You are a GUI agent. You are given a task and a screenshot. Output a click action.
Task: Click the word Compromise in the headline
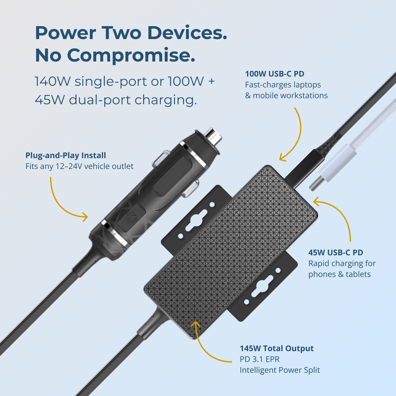click(x=131, y=55)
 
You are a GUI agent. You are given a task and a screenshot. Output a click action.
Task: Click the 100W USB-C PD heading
click(x=275, y=74)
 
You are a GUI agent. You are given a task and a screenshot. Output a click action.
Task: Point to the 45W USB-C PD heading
click(x=336, y=252)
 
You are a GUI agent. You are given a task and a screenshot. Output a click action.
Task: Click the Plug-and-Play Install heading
click(x=66, y=155)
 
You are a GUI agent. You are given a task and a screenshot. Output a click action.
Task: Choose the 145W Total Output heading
click(x=277, y=348)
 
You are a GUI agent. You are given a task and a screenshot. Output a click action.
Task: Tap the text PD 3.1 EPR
click(x=260, y=359)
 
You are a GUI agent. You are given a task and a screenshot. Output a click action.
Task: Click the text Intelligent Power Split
click(x=280, y=370)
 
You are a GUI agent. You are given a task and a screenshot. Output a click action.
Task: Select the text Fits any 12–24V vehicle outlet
click(x=79, y=166)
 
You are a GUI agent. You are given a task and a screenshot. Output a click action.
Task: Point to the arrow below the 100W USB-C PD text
click(x=298, y=140)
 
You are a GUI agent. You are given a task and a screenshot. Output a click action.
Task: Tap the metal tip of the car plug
click(x=214, y=136)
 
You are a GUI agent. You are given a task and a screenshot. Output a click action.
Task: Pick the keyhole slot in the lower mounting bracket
click(x=262, y=286)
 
